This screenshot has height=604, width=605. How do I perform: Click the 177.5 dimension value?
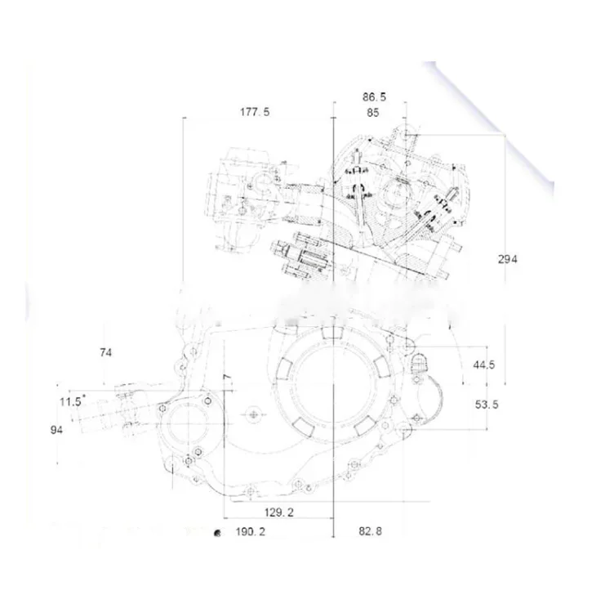tap(255, 112)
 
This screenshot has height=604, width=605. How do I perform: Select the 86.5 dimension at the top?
tap(374, 96)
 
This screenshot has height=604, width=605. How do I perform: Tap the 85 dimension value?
tap(373, 113)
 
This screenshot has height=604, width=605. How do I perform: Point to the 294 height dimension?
tap(507, 259)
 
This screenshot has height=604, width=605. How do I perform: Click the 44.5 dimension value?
tap(484, 365)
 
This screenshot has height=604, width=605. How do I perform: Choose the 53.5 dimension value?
tap(487, 405)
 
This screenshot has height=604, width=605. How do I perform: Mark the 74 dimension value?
tap(105, 352)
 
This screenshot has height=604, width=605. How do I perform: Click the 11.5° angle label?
tap(71, 401)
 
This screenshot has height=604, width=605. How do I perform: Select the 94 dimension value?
tap(56, 429)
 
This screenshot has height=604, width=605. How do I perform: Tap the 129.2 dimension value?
tap(278, 512)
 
